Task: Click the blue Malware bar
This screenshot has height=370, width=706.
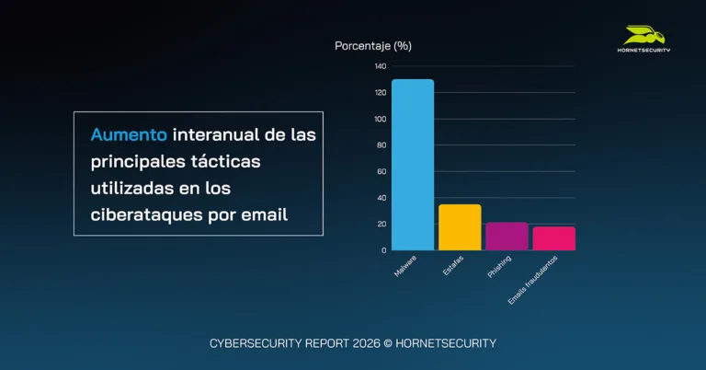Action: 412,165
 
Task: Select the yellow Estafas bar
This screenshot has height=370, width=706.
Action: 460,227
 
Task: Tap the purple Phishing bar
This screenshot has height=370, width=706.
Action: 507,237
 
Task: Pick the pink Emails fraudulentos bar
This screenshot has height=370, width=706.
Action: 553,238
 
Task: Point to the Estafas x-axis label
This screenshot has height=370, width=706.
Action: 453,261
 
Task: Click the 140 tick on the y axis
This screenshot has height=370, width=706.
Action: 381,66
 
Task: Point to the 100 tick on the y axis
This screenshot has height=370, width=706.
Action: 381,119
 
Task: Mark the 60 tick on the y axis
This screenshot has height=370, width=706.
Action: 381,171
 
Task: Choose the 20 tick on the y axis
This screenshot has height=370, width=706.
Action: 381,224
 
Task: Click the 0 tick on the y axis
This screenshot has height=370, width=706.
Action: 383,249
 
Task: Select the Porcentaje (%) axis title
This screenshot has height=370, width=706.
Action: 372,45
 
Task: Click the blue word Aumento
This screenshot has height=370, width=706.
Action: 129,134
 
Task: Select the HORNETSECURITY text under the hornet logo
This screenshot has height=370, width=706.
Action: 643,51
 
